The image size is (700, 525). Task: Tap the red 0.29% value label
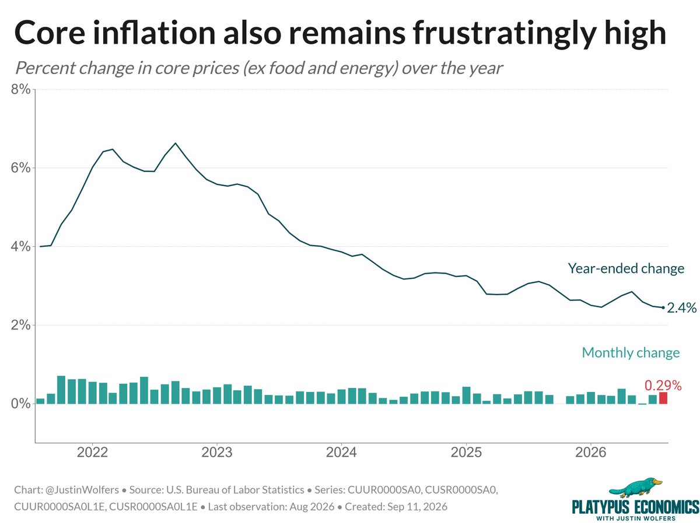click(663, 386)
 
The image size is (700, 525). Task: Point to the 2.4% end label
click(681, 308)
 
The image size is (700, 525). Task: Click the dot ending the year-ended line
click(663, 307)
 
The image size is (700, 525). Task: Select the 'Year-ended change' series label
click(626, 268)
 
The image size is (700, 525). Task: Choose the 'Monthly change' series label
click(631, 352)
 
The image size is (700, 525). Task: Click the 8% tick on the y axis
click(21, 89)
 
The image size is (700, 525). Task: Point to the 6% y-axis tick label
click(21, 167)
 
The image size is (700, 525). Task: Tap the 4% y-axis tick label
click(21, 246)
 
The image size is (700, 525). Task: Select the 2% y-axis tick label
click(21, 325)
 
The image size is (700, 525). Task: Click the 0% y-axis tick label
click(21, 404)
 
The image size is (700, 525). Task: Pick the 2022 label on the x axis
click(93, 452)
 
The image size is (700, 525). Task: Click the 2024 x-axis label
click(341, 452)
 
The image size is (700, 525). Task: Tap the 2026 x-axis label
click(590, 452)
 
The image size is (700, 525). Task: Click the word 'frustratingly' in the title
click(504, 34)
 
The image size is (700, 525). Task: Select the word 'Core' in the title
click(50, 33)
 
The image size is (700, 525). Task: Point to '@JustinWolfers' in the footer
click(82, 489)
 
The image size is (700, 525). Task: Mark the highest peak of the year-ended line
click(175, 143)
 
